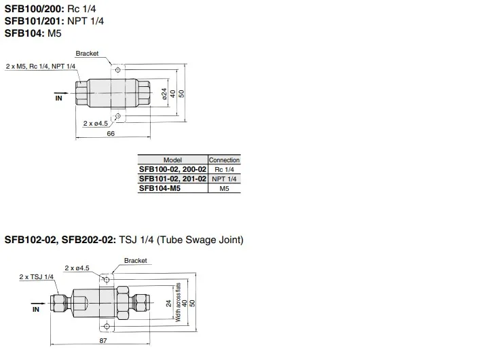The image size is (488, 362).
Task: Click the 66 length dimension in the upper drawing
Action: (x=111, y=133)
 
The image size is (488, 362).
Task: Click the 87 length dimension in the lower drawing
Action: (x=103, y=340)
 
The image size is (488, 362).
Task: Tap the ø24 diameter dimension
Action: (x=164, y=94)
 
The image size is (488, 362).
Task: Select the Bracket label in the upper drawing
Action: (x=87, y=54)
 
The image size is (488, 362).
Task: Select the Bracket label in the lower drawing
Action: (x=135, y=260)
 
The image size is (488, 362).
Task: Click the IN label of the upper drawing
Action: (x=58, y=98)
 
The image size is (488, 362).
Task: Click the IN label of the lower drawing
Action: (x=36, y=309)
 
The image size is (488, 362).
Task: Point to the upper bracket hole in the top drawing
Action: (x=117, y=70)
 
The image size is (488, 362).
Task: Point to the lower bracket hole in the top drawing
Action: (x=117, y=116)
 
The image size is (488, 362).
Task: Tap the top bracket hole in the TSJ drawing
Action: (x=107, y=279)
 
